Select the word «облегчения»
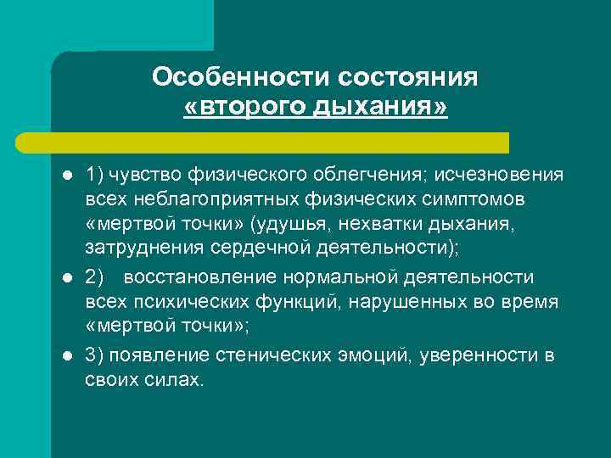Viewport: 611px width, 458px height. [x=371, y=175]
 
